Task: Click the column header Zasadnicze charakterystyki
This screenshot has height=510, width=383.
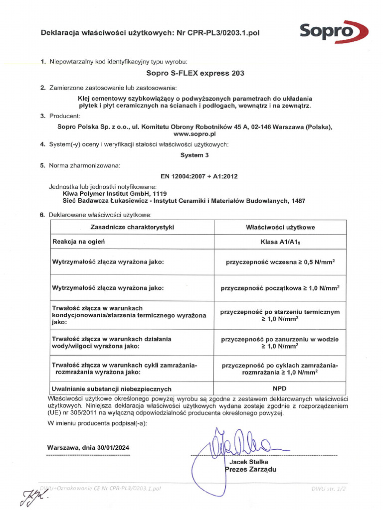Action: tap(132, 227)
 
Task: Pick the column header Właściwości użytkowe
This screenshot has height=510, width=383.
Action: tap(280, 227)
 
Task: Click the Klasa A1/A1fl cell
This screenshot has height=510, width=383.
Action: tap(280, 242)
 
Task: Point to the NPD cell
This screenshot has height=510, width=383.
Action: tap(280, 388)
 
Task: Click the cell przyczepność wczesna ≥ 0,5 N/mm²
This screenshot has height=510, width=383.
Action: tap(280, 261)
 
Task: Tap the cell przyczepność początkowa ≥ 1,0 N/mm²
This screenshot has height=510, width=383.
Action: tap(280, 288)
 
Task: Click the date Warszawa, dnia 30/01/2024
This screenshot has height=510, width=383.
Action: tap(88, 447)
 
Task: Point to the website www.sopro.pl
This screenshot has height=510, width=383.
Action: tap(194, 134)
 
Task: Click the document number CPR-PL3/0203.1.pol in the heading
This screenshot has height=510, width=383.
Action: tap(218, 33)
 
